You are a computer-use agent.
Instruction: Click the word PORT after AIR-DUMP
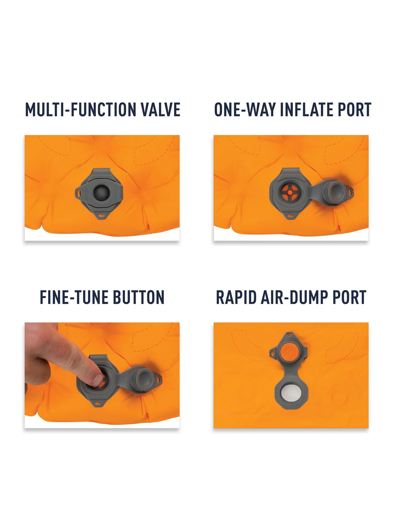click(x=350, y=298)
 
